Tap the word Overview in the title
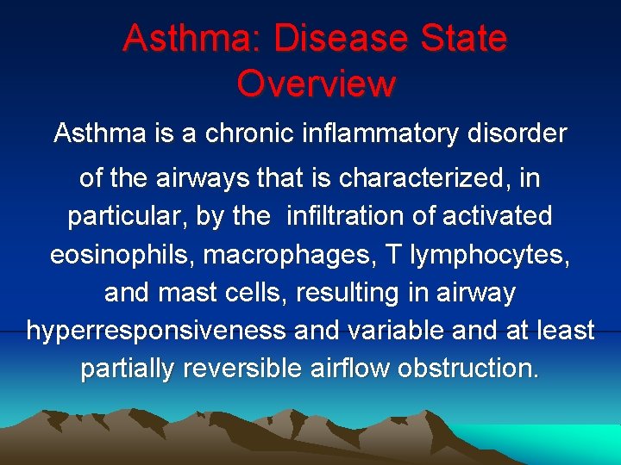tap(316, 84)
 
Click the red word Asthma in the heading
tap(182, 40)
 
